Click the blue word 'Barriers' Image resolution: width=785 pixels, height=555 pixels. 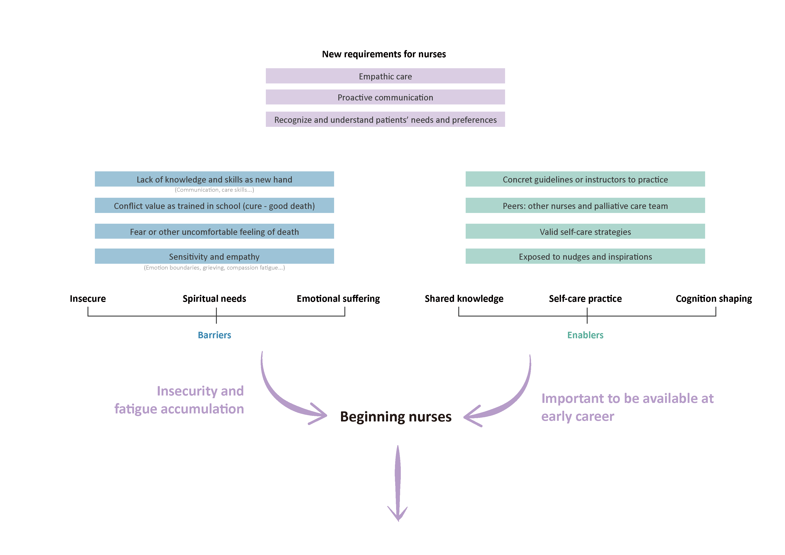(214, 335)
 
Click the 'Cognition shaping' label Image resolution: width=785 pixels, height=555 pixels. (714, 298)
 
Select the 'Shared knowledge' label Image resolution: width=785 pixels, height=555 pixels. (464, 298)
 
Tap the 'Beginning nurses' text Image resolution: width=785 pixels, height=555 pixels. (396, 417)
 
